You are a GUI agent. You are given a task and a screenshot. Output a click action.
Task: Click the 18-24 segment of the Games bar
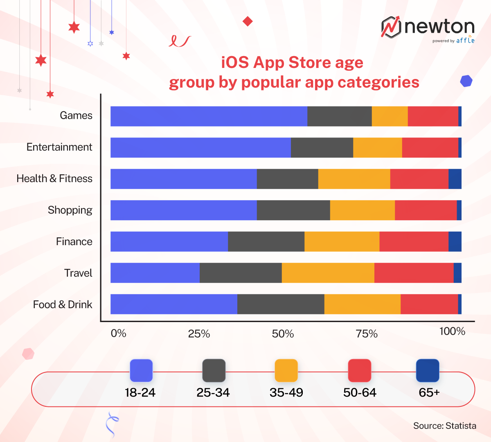point(209,116)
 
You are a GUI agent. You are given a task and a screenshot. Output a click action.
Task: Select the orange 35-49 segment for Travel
point(328,273)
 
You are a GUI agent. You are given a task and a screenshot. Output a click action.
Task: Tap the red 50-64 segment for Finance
point(414,241)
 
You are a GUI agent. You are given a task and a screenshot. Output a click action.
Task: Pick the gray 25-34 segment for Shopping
point(293,210)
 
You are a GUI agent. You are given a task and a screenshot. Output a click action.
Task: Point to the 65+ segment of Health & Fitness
point(455,179)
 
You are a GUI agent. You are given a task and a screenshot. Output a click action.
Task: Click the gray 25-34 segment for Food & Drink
point(281,304)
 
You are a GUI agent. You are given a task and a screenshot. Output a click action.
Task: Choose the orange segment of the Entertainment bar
point(377,148)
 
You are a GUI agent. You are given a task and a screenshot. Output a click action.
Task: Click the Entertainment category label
point(59,147)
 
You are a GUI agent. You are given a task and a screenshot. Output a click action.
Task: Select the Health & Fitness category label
point(54,179)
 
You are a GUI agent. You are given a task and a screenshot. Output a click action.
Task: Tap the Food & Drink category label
point(63,304)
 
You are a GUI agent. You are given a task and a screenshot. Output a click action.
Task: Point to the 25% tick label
point(199,334)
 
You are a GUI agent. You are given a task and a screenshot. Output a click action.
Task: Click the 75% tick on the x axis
point(367,334)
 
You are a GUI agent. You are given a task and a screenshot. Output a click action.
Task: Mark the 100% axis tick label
point(452,331)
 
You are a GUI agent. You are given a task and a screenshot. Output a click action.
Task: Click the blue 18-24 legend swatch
point(141,370)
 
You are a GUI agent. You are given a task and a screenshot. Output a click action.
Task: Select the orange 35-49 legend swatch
point(286,370)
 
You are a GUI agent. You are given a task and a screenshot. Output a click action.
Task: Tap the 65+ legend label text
point(429,392)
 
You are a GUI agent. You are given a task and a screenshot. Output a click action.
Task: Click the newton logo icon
point(391,27)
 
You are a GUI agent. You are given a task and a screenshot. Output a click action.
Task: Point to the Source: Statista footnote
point(444,426)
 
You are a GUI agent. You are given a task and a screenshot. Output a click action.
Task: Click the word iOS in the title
point(235,63)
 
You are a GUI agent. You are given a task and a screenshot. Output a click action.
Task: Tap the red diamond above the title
point(248,21)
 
